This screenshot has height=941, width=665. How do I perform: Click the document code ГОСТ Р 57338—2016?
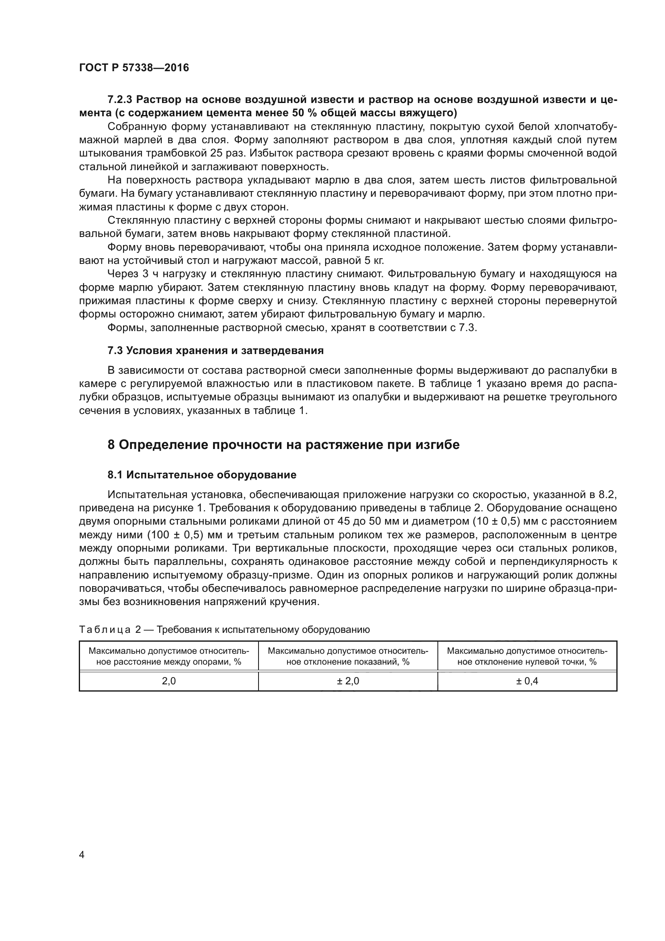tap(134, 68)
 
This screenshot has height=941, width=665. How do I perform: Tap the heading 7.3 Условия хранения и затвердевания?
tap(216, 350)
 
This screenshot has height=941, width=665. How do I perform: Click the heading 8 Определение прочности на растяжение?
tap(283, 445)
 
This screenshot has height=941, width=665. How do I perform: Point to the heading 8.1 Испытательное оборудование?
tap(202, 475)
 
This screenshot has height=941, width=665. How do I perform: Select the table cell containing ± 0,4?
tap(527, 681)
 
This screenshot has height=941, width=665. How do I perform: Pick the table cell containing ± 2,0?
tap(348, 681)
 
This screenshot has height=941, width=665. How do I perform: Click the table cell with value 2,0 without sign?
tap(169, 681)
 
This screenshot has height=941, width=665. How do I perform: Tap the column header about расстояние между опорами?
tap(169, 656)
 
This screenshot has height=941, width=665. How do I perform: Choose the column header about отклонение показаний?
tap(348, 656)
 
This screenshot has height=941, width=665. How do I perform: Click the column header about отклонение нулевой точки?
tap(527, 656)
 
